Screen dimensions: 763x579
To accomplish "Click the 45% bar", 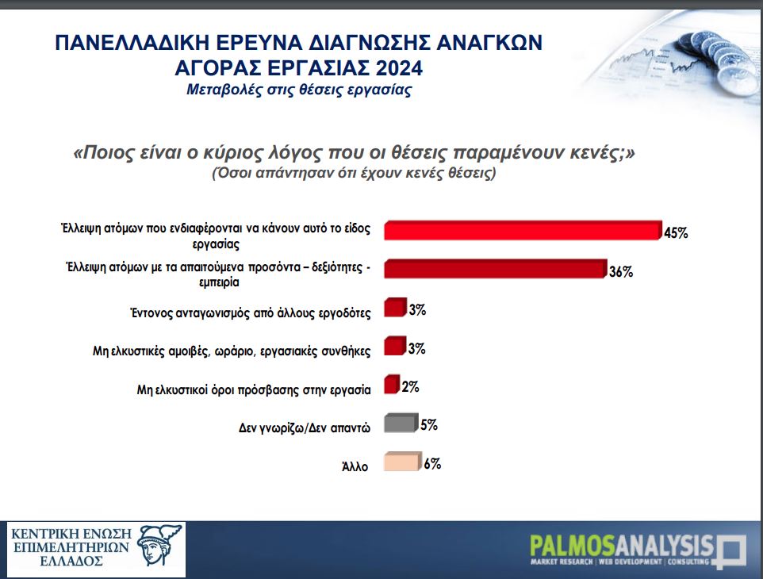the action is coord(523,230).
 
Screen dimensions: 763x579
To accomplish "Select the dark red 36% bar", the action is coord(496,269).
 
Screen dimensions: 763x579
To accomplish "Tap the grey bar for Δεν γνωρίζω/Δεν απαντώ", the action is coord(401,423).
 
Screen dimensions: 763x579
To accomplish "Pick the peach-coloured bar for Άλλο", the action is coord(402,462).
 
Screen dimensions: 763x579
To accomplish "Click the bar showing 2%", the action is coord(392,385).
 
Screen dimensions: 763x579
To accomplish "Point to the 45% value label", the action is coord(676,233).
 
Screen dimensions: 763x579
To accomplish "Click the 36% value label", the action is coord(621,271).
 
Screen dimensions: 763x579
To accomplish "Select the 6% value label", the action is coord(432,464).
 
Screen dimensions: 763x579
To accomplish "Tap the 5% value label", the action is coord(429,425).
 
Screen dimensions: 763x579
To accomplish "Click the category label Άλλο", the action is coord(355,466).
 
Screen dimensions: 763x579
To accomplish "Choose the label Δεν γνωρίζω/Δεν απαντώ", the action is coord(305,428).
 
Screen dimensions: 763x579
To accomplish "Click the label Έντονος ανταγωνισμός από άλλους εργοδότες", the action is coord(251,313).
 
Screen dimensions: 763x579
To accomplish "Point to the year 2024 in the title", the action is coord(399,67).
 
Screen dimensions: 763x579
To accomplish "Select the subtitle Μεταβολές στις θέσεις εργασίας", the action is coord(299,90).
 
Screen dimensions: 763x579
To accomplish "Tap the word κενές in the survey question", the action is coord(602,153).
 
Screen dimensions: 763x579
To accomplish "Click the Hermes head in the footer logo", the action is coord(159,545).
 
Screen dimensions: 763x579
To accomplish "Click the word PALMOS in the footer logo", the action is coord(573,546).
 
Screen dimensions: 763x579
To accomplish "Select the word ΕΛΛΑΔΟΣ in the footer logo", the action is coord(71,561).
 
